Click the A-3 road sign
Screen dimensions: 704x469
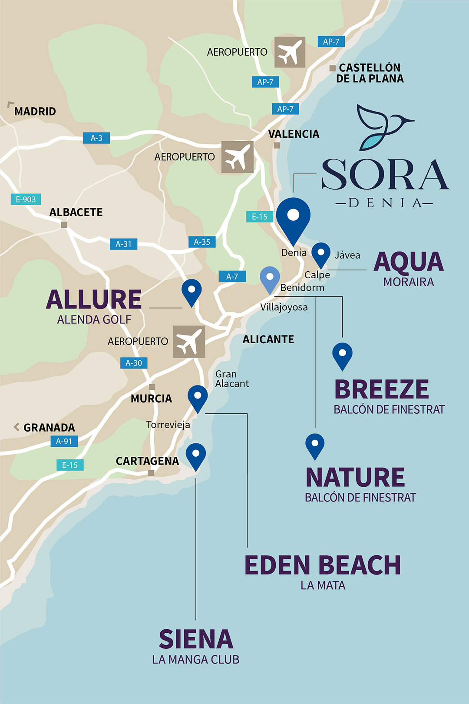[x=96, y=138]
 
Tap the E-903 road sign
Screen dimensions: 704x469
[x=26, y=199]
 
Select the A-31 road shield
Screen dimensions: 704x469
[x=123, y=244]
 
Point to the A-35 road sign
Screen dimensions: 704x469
[x=202, y=242]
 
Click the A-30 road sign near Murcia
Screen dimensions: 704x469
[x=134, y=363]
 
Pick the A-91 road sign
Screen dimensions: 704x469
[x=64, y=442]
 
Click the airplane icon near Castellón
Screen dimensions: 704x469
[x=290, y=52]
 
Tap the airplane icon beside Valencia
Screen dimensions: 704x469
[x=237, y=157]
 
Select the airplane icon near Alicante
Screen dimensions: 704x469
[x=189, y=342]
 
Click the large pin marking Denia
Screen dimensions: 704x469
[x=294, y=217]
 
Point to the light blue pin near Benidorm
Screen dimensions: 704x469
[x=270, y=278]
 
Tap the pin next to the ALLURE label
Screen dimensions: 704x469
[x=192, y=291]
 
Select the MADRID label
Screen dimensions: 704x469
[x=35, y=112]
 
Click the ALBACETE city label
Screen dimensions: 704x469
[x=76, y=213]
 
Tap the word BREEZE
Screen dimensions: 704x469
[x=381, y=389]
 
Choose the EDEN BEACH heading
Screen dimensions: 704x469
[x=322, y=565]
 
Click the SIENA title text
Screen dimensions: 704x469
[x=196, y=639]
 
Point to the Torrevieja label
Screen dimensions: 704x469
[x=168, y=425]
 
